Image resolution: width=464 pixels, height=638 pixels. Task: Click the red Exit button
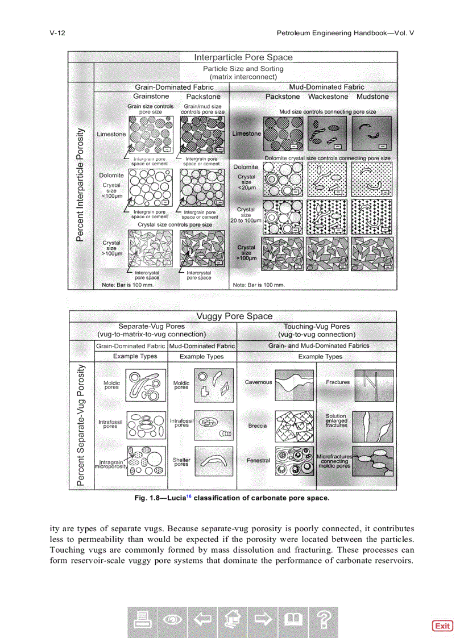coord(442,626)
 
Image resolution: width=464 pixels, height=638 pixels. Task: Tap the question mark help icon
coord(323,622)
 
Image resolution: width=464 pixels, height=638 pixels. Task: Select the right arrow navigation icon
coord(263,622)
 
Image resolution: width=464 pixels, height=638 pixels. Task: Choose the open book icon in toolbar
coord(293,622)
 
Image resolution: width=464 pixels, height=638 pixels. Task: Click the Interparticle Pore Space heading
coord(243,57)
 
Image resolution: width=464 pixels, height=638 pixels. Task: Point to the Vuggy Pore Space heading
coord(234,316)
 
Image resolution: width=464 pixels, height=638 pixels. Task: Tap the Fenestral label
coord(258,460)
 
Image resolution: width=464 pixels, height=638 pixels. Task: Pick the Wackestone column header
coord(328,97)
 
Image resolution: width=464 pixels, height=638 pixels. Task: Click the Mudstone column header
coord(372,97)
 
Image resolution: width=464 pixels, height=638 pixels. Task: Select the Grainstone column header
coord(151,97)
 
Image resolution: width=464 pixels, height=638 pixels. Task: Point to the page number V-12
coord(57,33)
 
